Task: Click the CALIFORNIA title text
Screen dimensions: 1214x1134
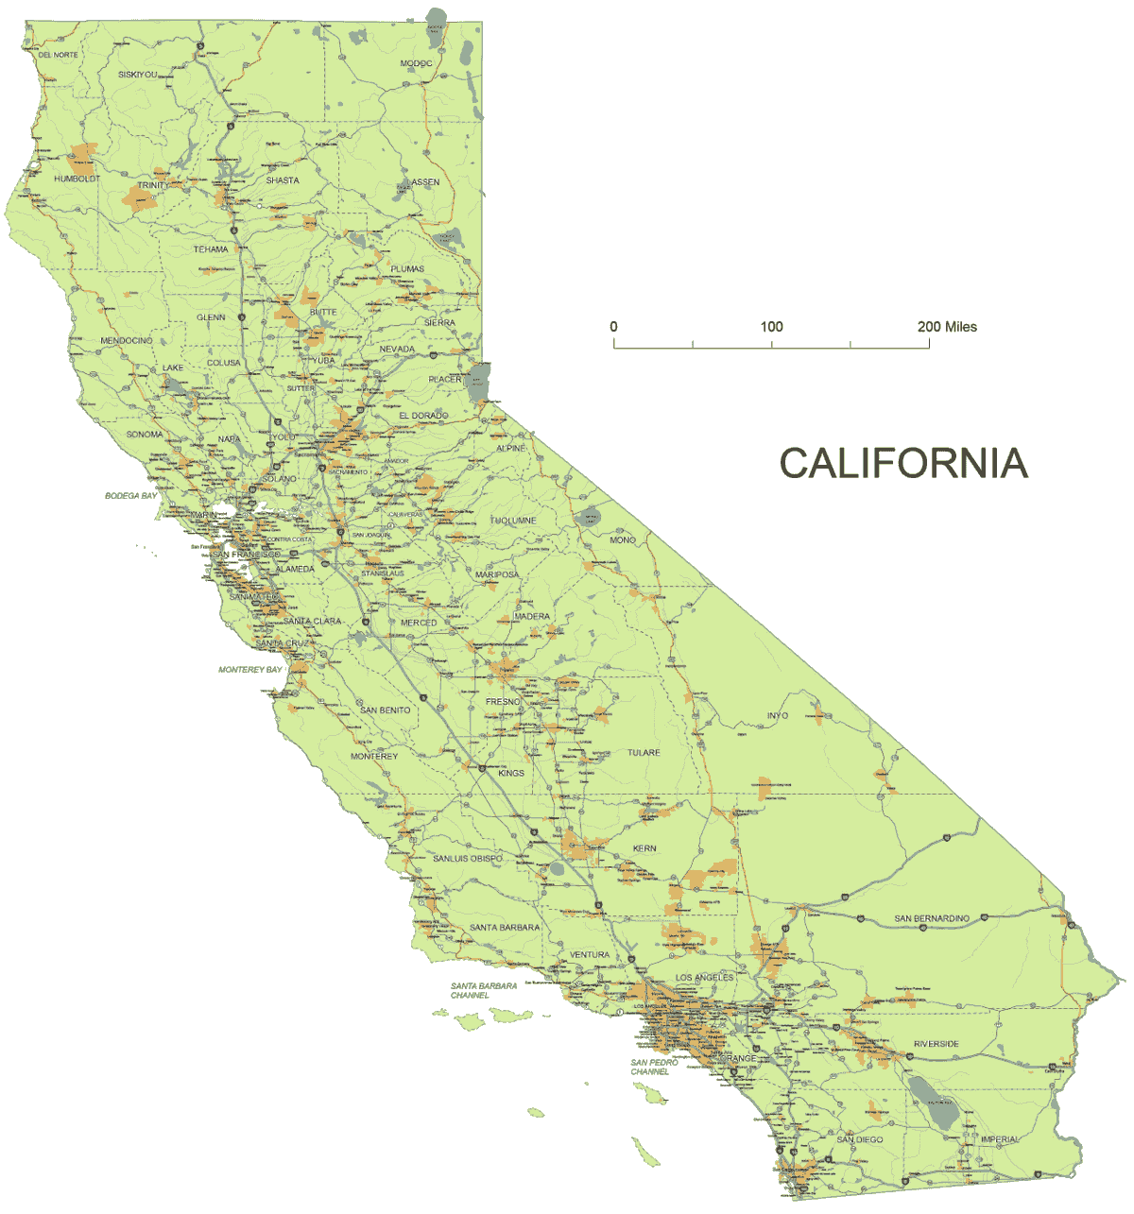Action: pos(902,463)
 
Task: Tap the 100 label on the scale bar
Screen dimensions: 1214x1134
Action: pos(771,327)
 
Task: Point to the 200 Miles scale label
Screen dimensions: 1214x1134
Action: pos(947,327)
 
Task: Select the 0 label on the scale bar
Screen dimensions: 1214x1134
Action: pos(614,327)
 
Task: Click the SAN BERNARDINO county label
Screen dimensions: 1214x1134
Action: pos(932,918)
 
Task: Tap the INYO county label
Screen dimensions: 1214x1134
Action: pos(777,716)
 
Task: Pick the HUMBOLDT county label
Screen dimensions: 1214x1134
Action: pos(77,179)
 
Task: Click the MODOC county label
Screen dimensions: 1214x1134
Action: pos(416,64)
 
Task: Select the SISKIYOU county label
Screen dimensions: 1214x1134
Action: pos(138,75)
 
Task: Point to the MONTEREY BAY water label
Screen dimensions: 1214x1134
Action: pos(250,670)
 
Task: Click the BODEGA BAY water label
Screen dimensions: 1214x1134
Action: pos(130,496)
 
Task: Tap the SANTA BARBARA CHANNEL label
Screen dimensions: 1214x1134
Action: pos(483,990)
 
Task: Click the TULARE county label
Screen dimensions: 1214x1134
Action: pos(644,753)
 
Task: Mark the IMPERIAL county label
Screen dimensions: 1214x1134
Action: pos(1000,1139)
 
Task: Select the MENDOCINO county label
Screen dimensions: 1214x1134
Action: pos(127,340)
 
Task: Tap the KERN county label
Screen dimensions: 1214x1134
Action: pos(644,848)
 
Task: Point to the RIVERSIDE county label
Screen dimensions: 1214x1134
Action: pos(936,1044)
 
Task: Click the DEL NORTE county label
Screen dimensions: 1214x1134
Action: pos(59,55)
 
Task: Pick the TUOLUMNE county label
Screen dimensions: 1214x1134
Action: pos(513,521)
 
